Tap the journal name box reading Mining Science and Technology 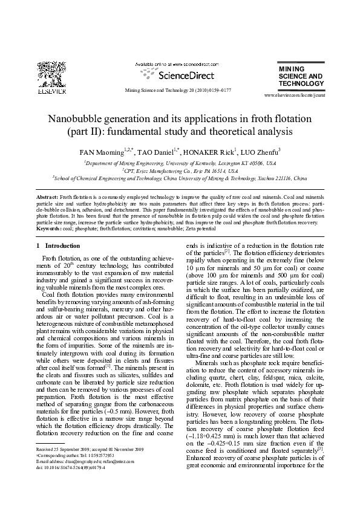click(x=301, y=77)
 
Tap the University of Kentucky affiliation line click(x=180, y=163)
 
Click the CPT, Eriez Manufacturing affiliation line click(x=180, y=171)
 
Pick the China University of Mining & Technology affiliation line click(x=180, y=179)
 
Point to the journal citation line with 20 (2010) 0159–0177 click(x=177, y=89)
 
